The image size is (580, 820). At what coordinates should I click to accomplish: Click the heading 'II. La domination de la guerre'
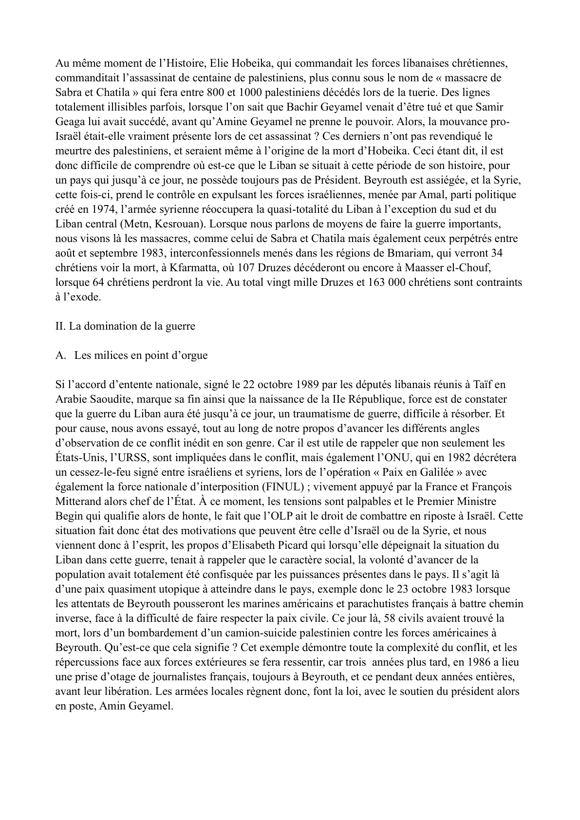(125, 326)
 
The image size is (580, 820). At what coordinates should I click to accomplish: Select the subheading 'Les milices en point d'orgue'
(141, 355)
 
